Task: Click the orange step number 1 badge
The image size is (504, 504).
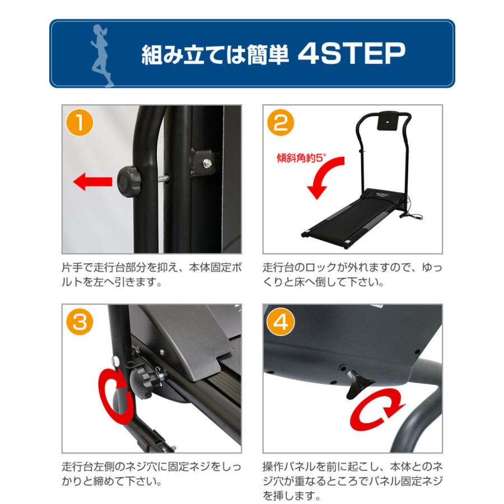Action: click(x=80, y=123)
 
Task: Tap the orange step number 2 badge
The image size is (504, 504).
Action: click(x=281, y=123)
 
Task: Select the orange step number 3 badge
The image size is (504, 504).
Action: click(x=80, y=322)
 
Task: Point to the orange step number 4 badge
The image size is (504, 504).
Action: click(x=281, y=322)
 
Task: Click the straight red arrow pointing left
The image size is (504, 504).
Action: click(x=93, y=181)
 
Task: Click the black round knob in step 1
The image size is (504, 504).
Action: click(x=129, y=181)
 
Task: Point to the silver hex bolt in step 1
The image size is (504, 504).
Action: click(x=207, y=164)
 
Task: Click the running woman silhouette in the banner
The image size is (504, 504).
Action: click(x=103, y=55)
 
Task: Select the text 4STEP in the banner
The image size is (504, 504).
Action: click(x=351, y=53)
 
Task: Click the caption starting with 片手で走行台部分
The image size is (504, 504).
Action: click(x=151, y=275)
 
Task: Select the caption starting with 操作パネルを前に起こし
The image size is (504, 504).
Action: click(x=353, y=481)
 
